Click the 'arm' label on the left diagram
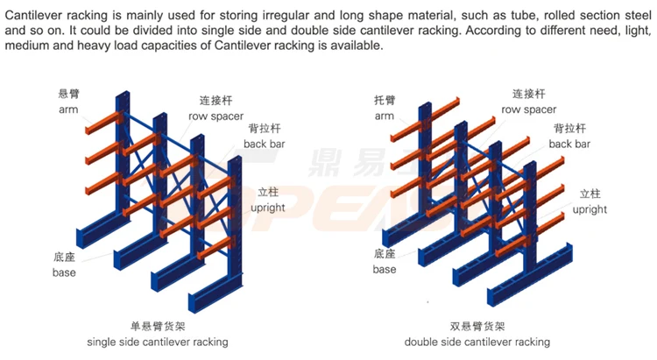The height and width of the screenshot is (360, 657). point(68,110)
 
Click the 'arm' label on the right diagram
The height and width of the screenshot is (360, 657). point(385,116)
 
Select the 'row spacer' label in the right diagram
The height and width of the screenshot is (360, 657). point(528,109)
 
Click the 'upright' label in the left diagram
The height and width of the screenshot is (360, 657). point(267,208)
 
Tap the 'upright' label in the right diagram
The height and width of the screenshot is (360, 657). point(590,209)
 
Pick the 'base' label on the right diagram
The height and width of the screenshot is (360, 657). point(385,269)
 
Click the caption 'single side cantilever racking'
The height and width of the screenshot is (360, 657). point(158,341)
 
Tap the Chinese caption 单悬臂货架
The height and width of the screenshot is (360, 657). point(158,324)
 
